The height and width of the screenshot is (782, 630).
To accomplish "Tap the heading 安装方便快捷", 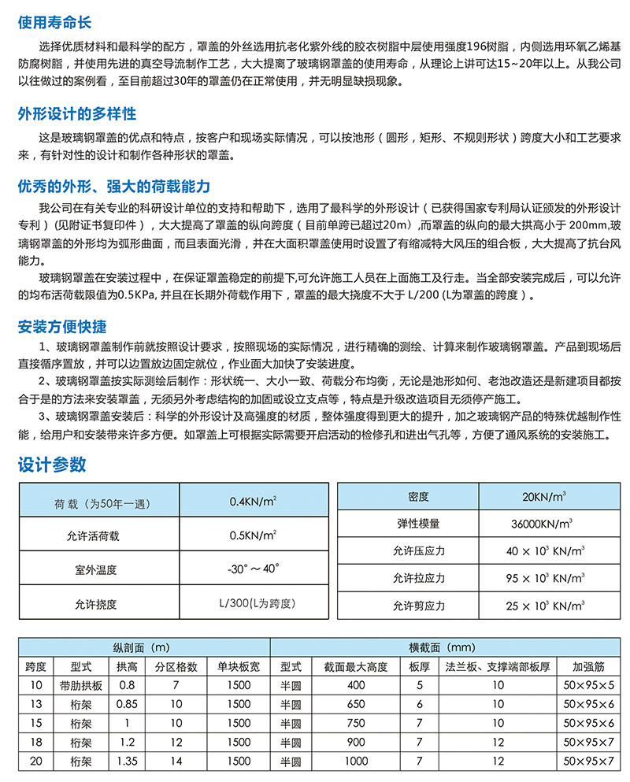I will tap(62, 326).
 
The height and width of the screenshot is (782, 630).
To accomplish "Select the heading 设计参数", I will tap(52, 465).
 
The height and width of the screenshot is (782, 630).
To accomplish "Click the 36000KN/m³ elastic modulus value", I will tap(541, 523).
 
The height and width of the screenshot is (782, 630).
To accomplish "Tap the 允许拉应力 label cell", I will tap(418, 578).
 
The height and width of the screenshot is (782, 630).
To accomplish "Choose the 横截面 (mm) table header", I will tap(442, 648).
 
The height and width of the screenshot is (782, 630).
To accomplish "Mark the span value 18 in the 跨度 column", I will tap(35, 742).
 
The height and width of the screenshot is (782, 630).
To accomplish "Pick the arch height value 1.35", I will tap(127, 761).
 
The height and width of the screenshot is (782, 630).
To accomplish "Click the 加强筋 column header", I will tap(587, 666).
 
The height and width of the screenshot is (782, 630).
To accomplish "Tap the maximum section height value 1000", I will tap(356, 761).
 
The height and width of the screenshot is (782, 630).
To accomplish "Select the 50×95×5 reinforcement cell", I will tap(587, 685).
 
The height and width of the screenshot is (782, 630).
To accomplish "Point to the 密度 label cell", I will tap(418, 496).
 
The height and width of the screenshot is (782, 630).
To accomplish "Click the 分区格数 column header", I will tap(176, 666).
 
